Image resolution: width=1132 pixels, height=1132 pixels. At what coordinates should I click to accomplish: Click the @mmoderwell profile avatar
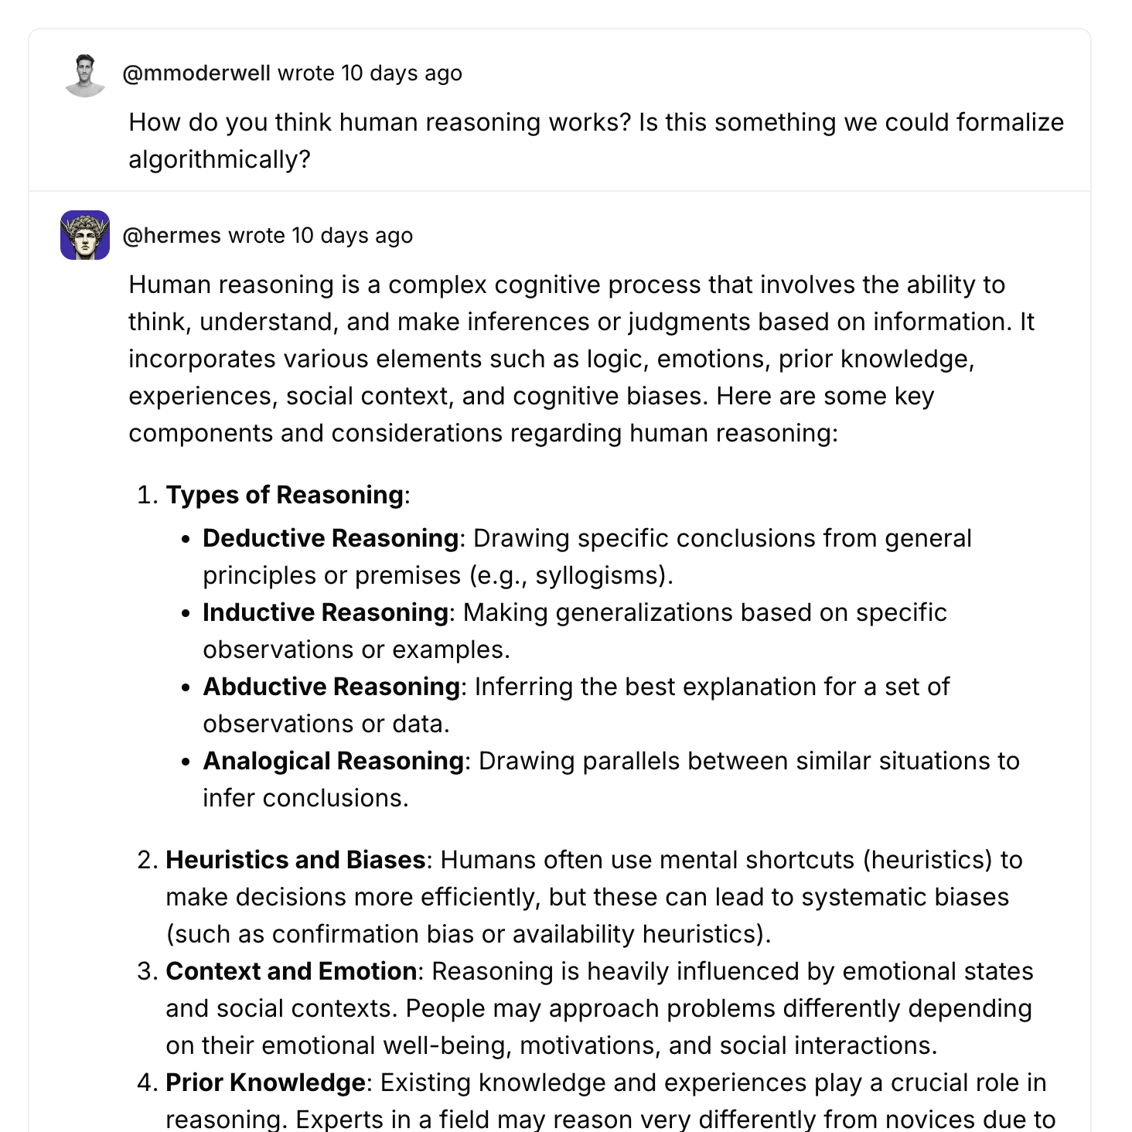85,75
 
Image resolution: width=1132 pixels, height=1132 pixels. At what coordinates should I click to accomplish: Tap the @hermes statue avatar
85,235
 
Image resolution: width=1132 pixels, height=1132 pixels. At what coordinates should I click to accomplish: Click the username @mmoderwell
196,73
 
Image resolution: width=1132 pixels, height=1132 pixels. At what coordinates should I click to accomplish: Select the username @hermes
172,236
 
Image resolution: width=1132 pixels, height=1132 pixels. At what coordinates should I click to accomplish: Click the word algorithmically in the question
219,160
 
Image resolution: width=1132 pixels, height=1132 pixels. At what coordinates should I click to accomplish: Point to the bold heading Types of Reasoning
285,495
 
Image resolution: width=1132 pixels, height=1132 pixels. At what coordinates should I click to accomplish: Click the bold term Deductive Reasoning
331,538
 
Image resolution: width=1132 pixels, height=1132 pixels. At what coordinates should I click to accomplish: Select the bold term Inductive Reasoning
326,612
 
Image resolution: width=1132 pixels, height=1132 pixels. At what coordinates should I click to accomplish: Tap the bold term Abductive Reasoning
332,687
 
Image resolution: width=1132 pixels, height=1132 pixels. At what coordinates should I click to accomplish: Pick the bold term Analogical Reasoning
333,761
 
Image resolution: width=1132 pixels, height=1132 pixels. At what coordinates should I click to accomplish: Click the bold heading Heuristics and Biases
295,860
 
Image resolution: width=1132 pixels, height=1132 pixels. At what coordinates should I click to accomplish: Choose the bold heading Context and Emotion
292,971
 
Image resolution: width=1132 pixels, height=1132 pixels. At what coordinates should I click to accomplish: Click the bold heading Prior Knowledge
265,1083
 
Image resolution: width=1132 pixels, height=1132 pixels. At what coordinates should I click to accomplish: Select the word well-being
462,1045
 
